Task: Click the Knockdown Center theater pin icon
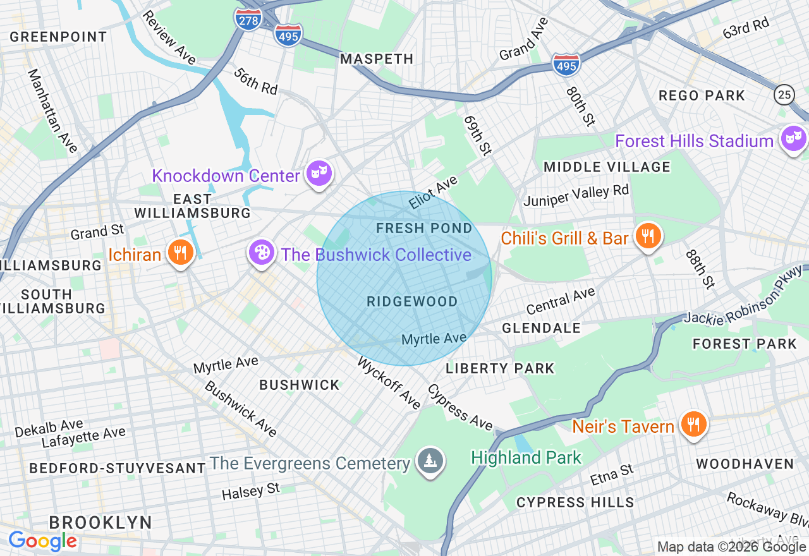319,173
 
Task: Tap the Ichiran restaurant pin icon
180,253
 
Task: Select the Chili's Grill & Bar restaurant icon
647,236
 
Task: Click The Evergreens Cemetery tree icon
430,461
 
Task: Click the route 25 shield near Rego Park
784,95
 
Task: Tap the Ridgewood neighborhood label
412,302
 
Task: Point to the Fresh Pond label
424,229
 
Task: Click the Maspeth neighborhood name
377,59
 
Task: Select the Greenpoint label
58,37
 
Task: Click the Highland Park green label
526,457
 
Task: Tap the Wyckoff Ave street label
389,383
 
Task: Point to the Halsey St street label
251,492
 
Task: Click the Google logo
42,541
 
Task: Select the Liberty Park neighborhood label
500,368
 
